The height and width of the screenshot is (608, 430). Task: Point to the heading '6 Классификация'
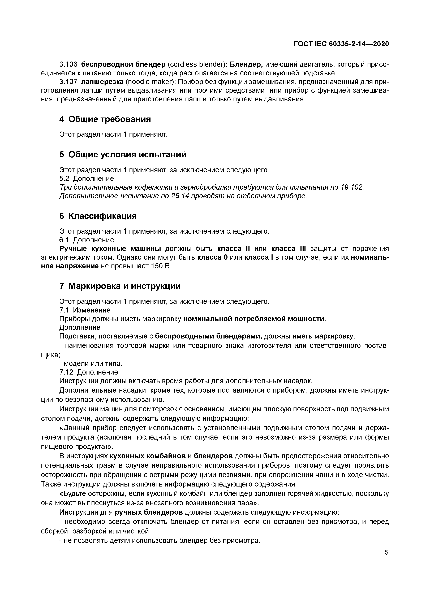tap(98, 216)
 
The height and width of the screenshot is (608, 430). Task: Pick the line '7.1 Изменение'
tap(85, 310)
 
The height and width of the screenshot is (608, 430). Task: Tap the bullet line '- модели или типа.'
tap(91, 364)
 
